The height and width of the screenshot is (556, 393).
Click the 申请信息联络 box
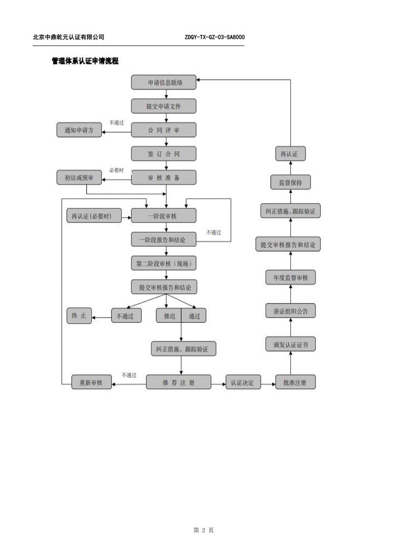164,82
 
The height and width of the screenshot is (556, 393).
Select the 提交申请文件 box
164,106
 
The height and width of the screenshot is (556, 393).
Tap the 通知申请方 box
79,130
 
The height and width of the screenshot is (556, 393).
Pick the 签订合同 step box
164,154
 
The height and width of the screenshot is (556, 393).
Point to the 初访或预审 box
79,177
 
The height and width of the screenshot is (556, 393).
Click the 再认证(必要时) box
94,216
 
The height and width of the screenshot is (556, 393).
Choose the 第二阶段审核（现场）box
164,263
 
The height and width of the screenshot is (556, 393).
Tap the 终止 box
79,316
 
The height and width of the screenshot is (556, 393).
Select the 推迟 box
168,316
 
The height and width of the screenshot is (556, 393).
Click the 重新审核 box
91,382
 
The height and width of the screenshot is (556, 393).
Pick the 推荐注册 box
179,382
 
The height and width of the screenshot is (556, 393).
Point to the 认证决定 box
243,382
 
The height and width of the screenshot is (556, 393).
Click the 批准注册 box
295,382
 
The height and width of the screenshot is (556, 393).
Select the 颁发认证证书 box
291,344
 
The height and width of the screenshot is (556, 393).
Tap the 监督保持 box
291,182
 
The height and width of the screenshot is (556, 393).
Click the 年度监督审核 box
291,278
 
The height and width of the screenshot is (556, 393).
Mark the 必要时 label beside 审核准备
116,170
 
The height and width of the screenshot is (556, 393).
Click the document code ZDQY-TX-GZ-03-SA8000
215,37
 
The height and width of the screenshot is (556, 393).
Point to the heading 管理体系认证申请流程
85,61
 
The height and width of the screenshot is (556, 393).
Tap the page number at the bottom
203,530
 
